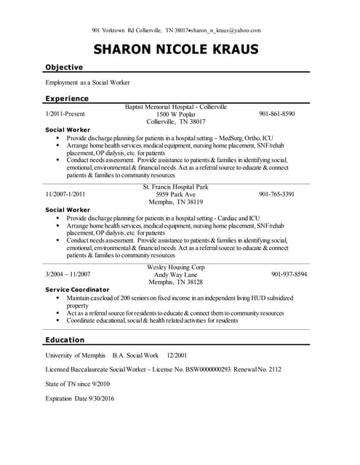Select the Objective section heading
(64, 67)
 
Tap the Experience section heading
(67, 98)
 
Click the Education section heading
(65, 339)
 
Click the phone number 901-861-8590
(276, 114)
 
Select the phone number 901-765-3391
(276, 194)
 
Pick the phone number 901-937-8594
(289, 274)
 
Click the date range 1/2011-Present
(66, 114)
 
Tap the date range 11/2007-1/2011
(65, 194)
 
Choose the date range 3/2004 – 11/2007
(68, 274)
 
